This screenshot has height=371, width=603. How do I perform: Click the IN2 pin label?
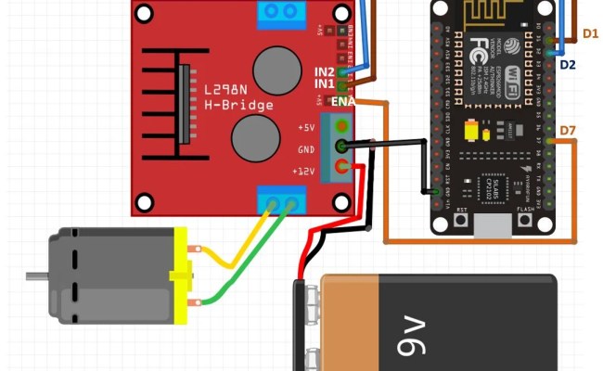[325, 70]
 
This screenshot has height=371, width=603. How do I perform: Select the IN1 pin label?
[325, 84]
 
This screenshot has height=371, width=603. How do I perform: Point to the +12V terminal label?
[304, 172]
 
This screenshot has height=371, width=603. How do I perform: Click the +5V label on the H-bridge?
[307, 127]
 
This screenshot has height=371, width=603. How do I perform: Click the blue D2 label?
[567, 64]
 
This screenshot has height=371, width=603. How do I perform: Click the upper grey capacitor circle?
[276, 69]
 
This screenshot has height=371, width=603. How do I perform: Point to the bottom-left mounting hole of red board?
[144, 201]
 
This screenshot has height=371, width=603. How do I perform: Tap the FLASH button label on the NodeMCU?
[524, 210]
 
